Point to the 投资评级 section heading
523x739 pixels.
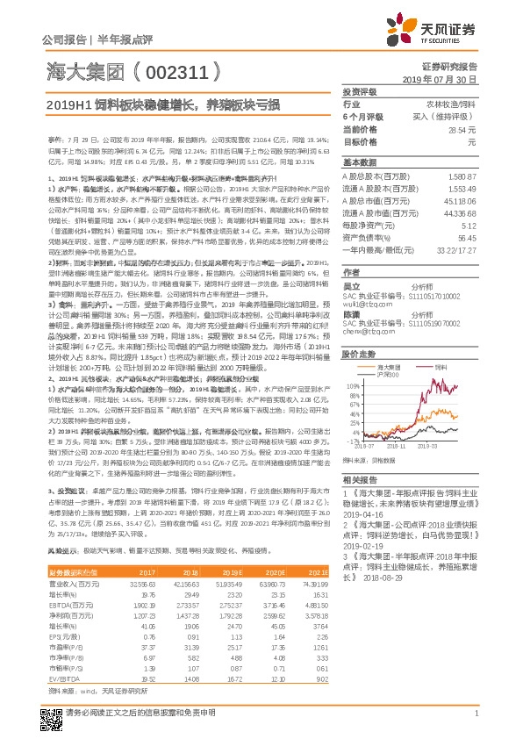(360, 90)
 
